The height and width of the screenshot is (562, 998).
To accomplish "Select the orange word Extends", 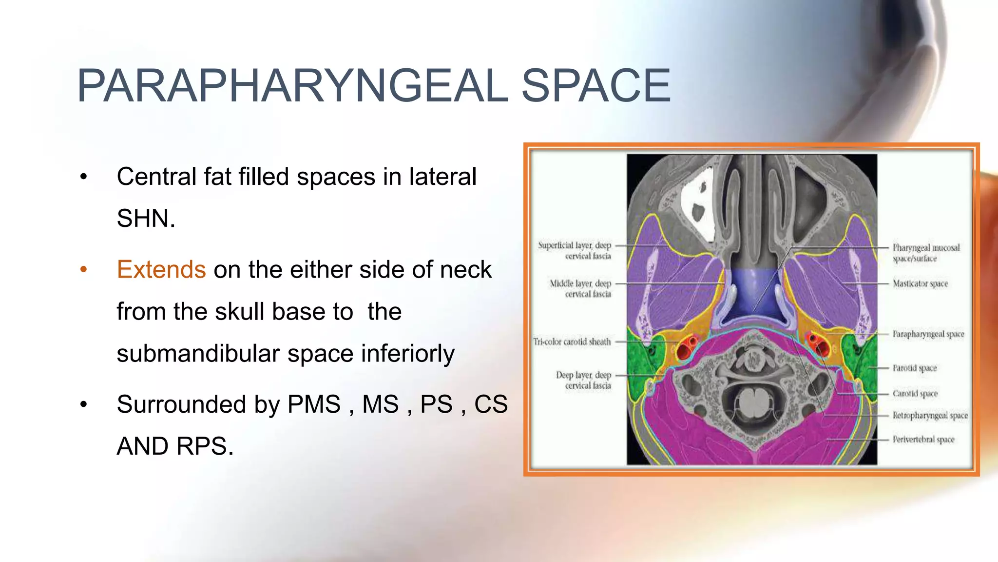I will tap(161, 269).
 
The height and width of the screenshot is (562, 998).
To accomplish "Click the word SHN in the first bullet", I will tap(145, 218).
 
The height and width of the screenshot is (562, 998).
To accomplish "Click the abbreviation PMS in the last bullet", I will tap(314, 404).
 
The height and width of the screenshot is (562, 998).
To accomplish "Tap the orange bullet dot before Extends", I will tap(84, 269).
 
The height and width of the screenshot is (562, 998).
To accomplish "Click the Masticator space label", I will tap(920, 283).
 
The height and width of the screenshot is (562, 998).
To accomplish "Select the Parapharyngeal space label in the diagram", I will tap(928, 334).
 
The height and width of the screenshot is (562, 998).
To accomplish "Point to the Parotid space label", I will tap(914, 368).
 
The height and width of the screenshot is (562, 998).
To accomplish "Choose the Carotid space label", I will tap(915, 393).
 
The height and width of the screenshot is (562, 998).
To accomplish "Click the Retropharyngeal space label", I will tap(930, 415).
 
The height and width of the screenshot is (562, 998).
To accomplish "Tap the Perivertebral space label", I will tap(923, 439).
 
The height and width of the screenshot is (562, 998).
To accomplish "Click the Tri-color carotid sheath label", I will tap(572, 341).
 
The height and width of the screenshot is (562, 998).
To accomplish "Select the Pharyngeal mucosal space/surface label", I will tap(925, 253).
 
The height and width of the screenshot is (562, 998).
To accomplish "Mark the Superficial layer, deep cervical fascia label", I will tap(575, 250).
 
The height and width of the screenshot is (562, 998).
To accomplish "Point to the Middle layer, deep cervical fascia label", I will tap(581, 288).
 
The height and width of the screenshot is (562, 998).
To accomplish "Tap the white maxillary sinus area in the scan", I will tap(697, 205).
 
